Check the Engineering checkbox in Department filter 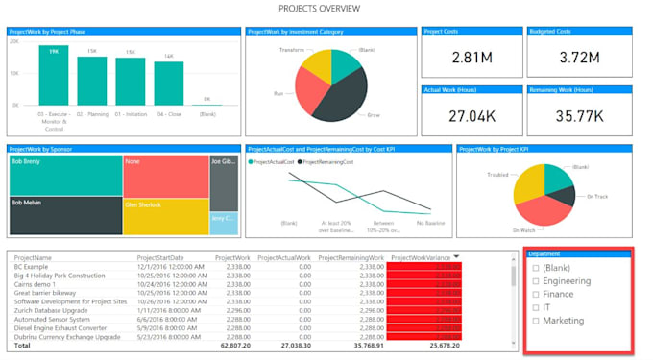point(536,281)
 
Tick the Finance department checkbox point(536,295)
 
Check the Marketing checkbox point(536,321)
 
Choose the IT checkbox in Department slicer point(536,308)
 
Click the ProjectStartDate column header point(161,258)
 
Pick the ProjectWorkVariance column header point(420,258)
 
